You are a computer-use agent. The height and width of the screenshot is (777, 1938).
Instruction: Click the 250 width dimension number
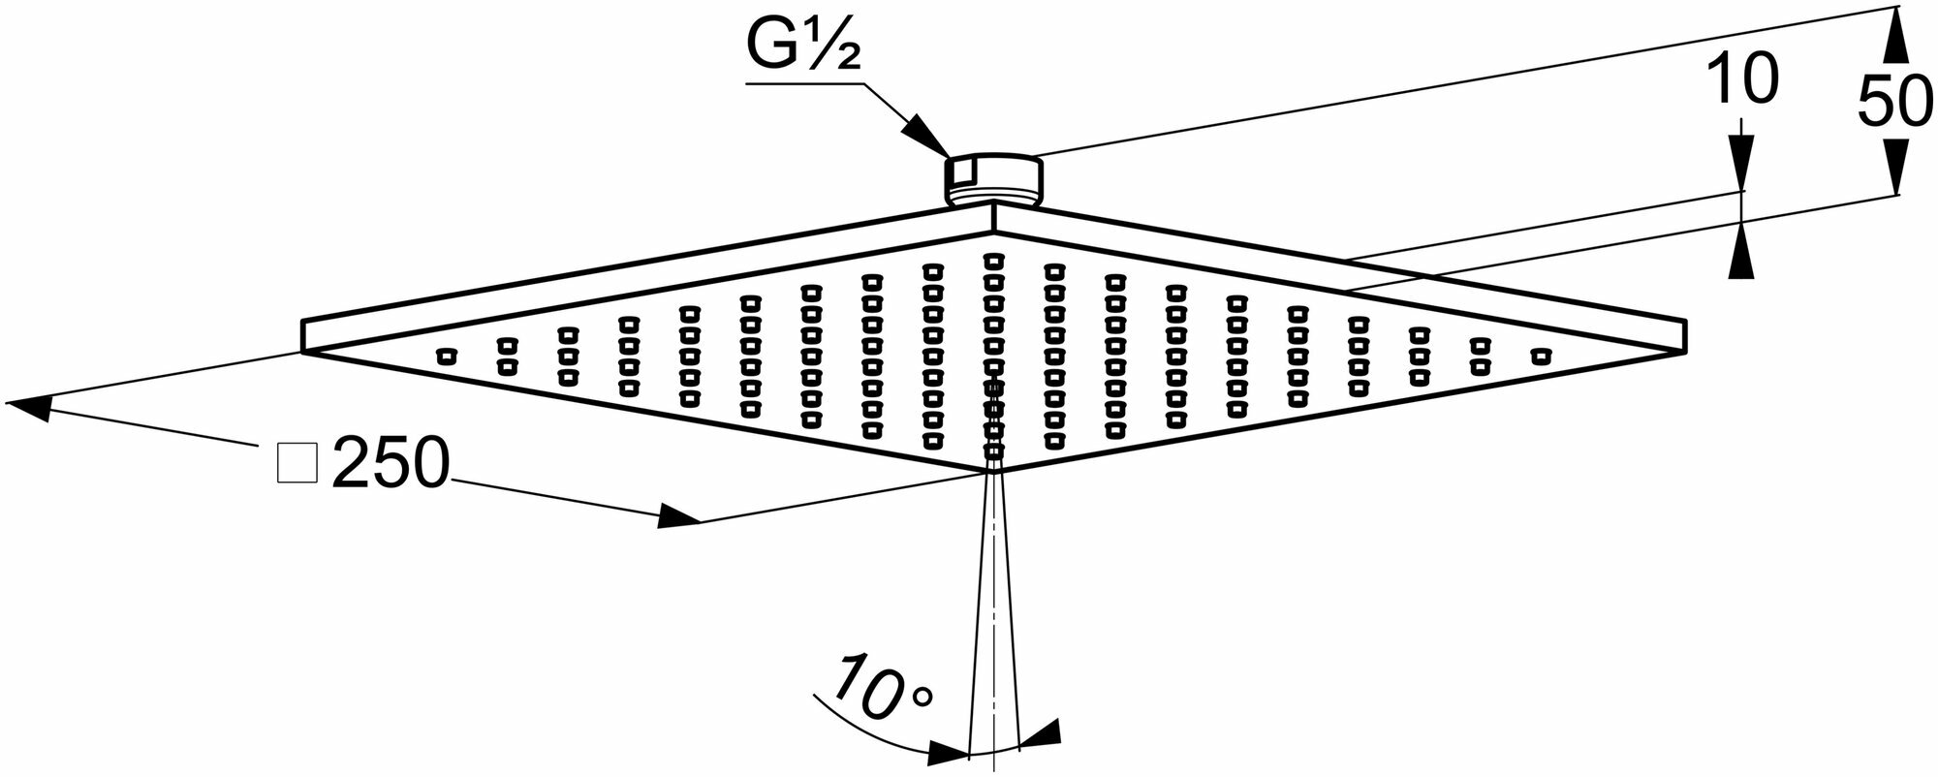pyautogui.click(x=391, y=463)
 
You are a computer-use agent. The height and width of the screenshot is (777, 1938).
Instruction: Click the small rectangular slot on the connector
pyautogui.click(x=961, y=172)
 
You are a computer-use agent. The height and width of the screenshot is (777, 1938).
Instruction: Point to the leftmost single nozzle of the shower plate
pyautogui.click(x=445, y=357)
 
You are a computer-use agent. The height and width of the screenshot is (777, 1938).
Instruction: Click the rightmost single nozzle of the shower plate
pyautogui.click(x=1540, y=357)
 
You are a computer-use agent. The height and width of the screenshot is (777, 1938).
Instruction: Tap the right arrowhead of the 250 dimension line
pyautogui.click(x=677, y=516)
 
